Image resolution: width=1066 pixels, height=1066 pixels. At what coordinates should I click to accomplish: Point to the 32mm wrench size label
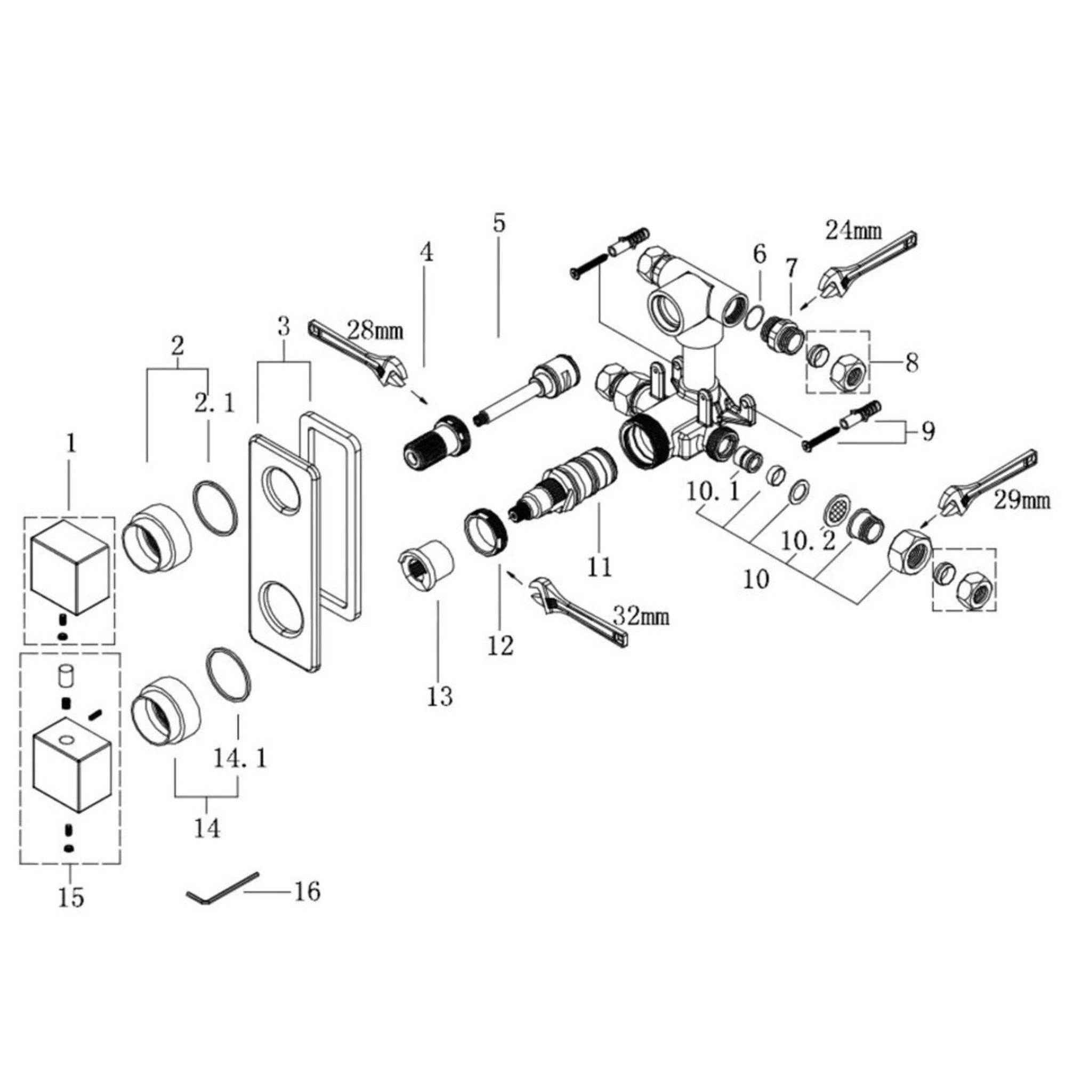641,616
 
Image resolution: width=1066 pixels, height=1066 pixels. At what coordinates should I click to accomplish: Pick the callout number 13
440,696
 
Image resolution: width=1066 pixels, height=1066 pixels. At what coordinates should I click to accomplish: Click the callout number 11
600,566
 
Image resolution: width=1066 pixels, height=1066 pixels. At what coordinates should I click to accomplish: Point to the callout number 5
498,223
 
